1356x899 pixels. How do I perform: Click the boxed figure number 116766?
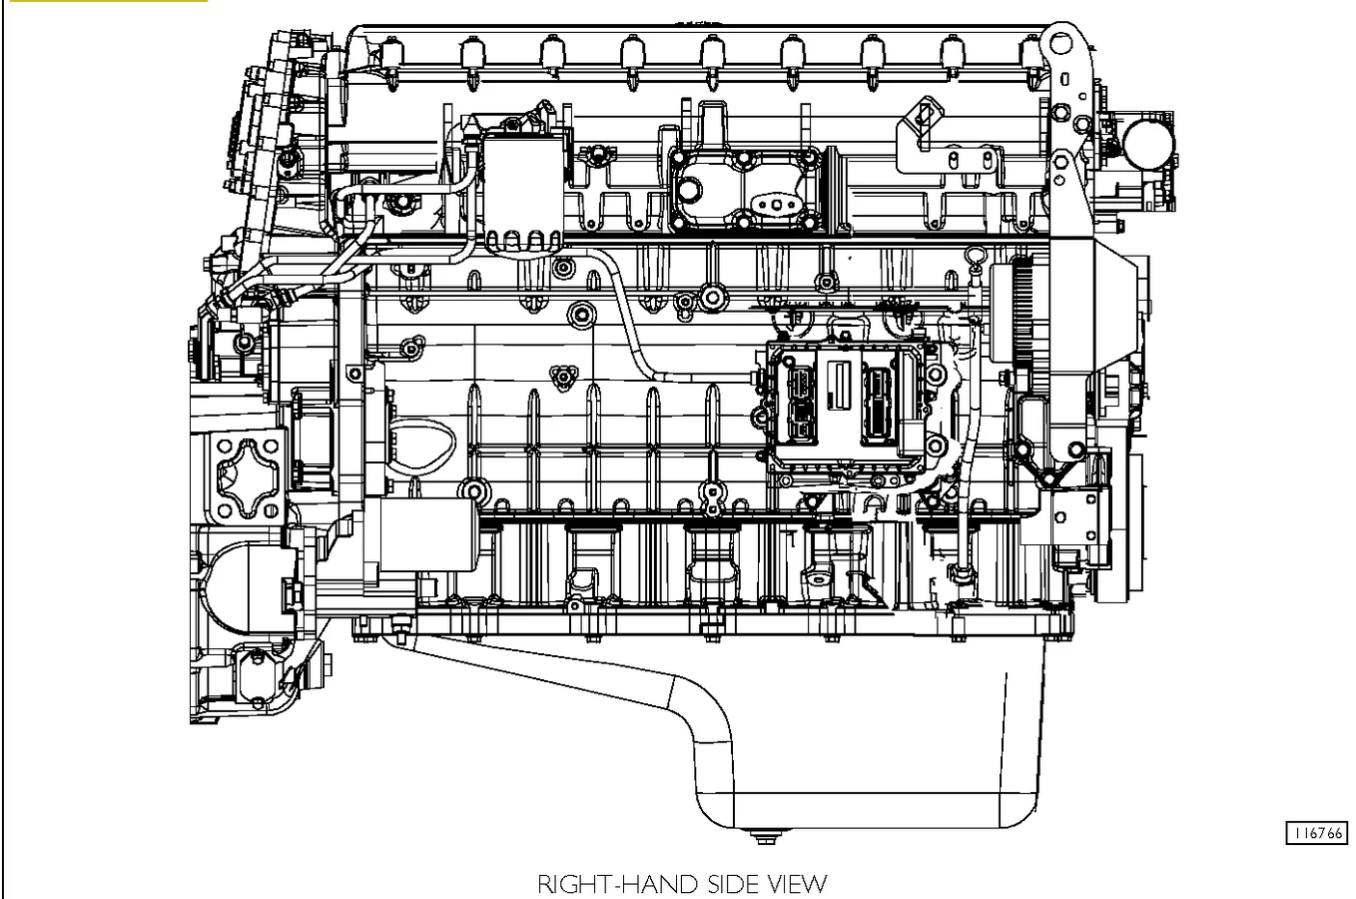(1317, 833)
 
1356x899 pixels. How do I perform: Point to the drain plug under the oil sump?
(766, 837)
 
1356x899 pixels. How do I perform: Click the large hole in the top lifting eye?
(1060, 44)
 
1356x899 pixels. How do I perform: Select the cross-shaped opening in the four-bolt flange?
(248, 478)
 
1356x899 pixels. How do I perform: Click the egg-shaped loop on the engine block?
(422, 448)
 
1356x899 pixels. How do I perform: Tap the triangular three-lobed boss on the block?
(563, 376)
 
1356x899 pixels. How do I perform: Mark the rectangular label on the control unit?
(840, 385)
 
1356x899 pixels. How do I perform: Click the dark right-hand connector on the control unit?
(877, 407)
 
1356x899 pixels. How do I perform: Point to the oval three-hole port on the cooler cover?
(777, 204)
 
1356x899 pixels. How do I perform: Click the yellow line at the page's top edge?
(109, 1)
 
